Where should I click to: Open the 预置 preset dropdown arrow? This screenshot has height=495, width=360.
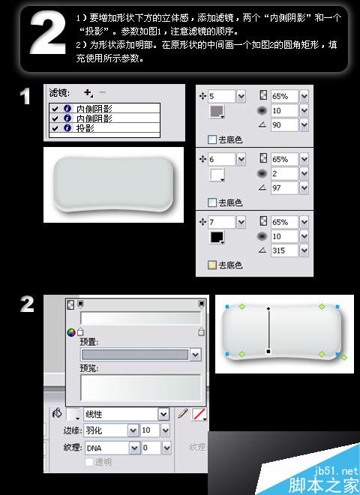pyautogui.click(x=195, y=354)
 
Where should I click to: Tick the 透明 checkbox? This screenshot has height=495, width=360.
pyautogui.click(x=88, y=462)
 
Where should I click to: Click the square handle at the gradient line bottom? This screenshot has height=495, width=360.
pyautogui.click(x=268, y=351)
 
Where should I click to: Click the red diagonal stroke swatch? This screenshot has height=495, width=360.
pyautogui.click(x=199, y=414)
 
